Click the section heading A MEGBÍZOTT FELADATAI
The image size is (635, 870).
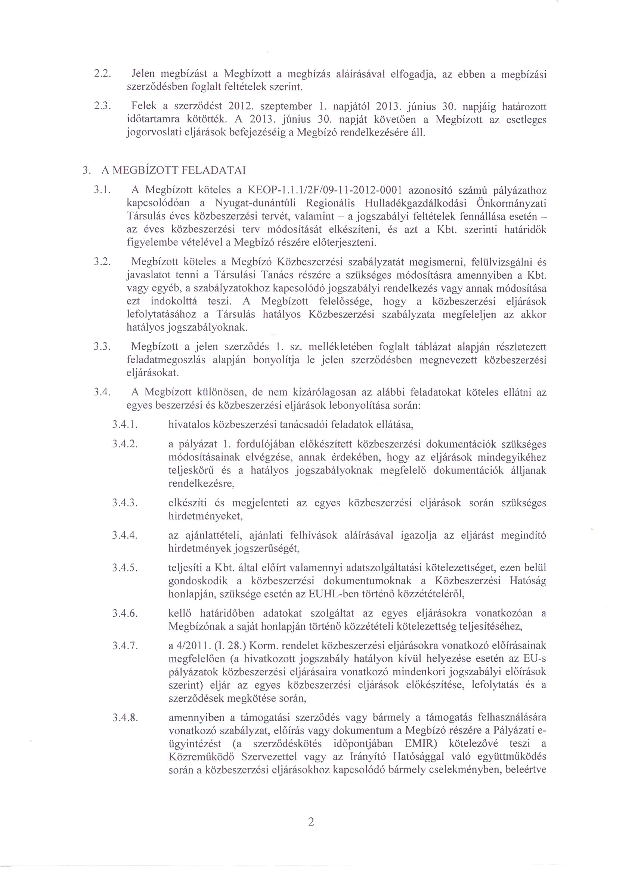coord(173,170)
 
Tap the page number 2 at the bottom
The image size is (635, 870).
coord(311,821)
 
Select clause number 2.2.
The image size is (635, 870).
coord(103,73)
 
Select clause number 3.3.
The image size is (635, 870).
coord(103,347)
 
